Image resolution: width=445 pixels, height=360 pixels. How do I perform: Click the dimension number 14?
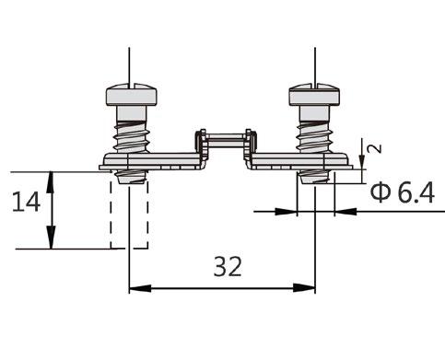pos(26,202)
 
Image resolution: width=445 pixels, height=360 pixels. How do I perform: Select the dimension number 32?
pos(228,267)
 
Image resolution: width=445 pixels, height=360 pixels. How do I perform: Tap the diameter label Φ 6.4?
pos(403,192)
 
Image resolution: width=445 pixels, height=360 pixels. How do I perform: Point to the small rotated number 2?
pos(375,148)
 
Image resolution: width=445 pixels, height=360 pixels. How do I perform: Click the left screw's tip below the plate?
pos(131,177)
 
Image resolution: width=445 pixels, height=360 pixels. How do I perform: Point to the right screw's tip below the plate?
pos(314,177)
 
